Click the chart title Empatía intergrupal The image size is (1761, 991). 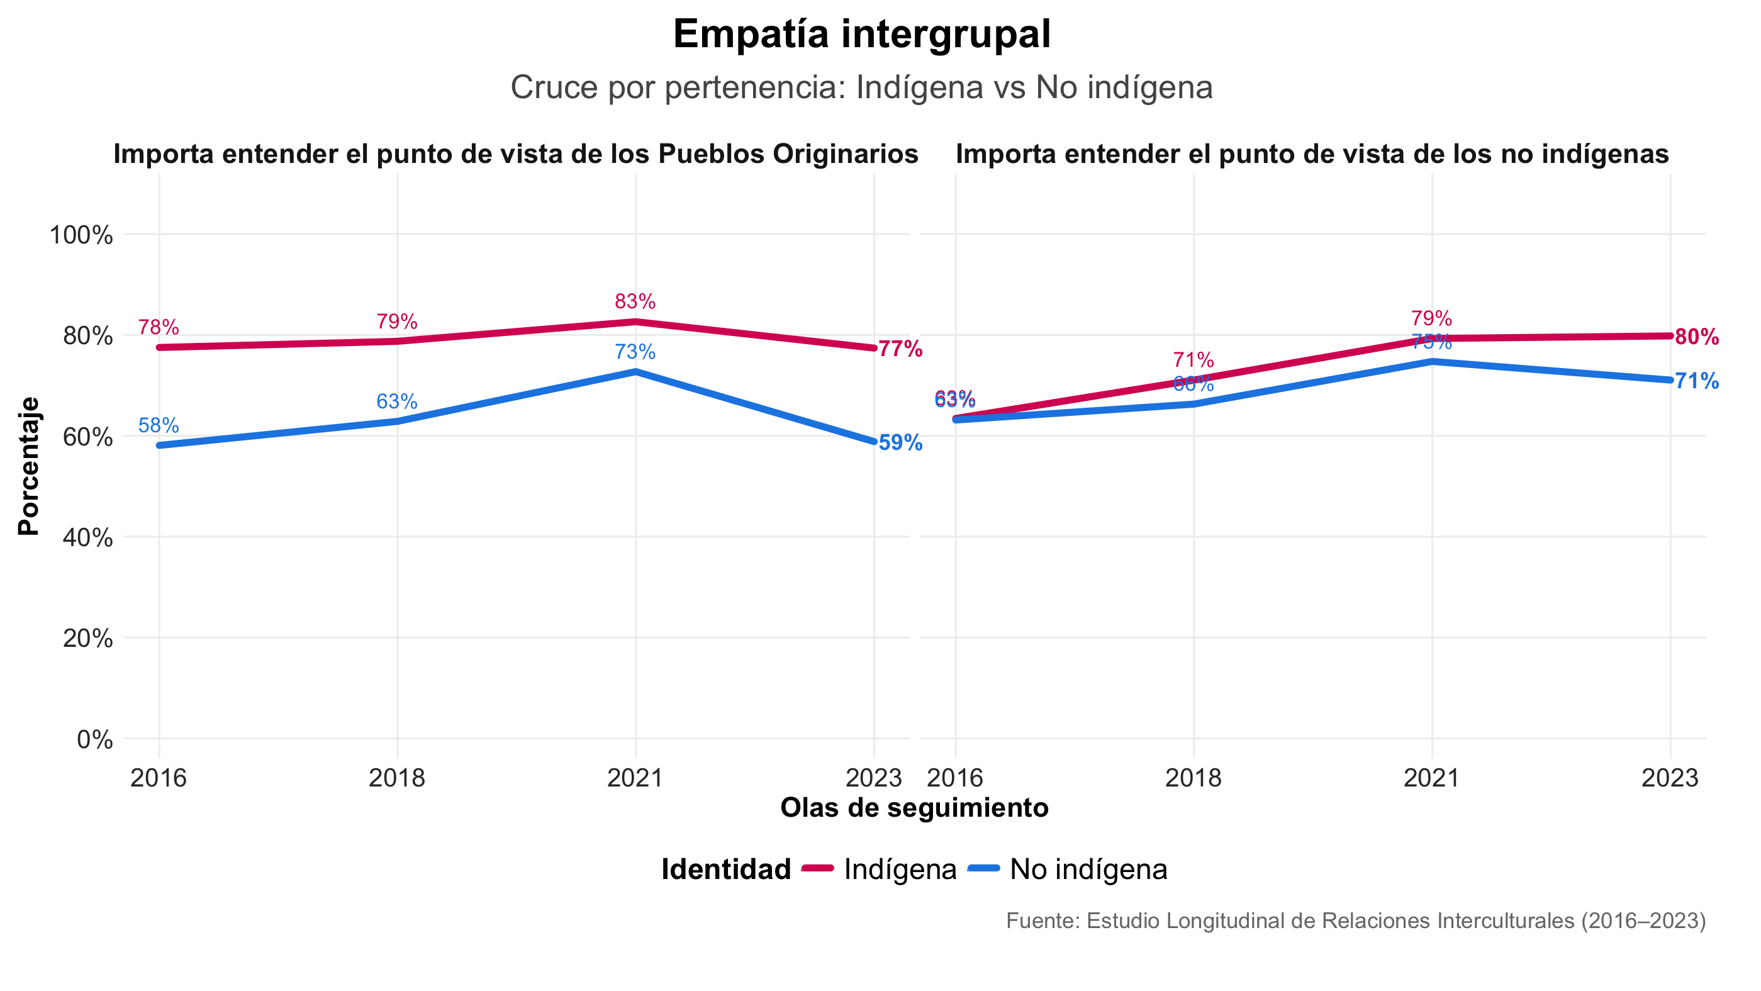pos(861,34)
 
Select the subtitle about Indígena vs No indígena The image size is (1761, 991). pos(861,87)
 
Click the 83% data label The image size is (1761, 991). pos(635,301)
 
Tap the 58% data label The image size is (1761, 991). pos(159,426)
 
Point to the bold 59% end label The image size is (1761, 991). pos(900,443)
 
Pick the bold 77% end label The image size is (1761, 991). pos(900,349)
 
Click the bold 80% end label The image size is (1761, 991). pos(1697,337)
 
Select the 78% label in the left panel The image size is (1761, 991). pos(159,327)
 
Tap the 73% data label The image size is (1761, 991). pos(635,352)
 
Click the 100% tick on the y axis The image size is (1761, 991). pos(81,235)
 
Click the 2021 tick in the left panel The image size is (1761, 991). pos(635,778)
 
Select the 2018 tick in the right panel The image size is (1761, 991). pos(1193,778)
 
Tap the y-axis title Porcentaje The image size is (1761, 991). pos(29,466)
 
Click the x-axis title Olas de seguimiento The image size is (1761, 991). pos(914,808)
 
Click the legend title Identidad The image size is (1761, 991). pos(726,870)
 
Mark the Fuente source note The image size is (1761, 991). pos(1356,921)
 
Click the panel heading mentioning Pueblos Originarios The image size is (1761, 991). pos(515,154)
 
